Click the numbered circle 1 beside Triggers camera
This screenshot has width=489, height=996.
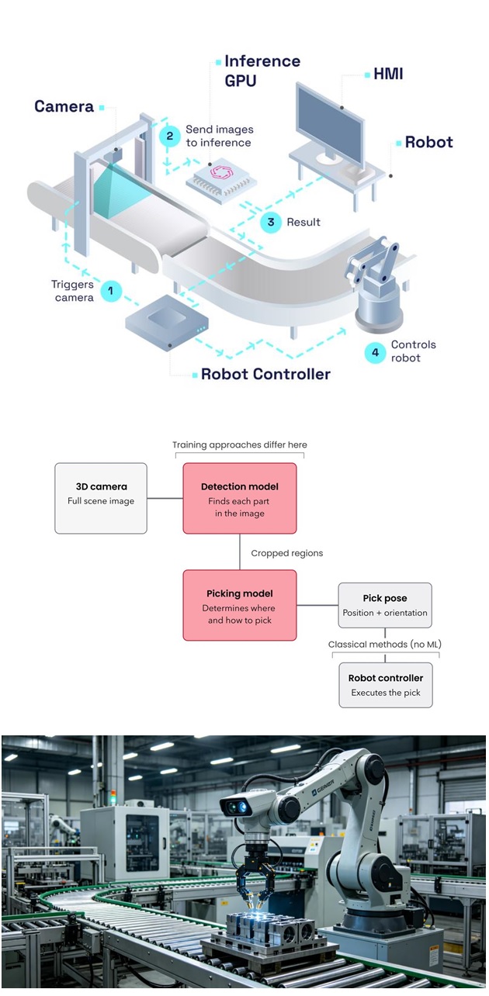[x=111, y=291]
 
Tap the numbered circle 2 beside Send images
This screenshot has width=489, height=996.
[x=170, y=136]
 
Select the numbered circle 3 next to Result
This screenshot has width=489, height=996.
[x=271, y=222]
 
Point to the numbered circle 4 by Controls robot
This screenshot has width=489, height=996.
[x=375, y=353]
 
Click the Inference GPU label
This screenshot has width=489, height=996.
[x=262, y=71]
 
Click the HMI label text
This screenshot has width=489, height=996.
[x=388, y=74]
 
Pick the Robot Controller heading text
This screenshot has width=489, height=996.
[x=265, y=375]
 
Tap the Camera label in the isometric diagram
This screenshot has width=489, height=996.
[x=64, y=107]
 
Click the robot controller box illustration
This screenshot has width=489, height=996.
[x=167, y=323]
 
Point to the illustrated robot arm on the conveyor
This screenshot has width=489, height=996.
[x=376, y=285]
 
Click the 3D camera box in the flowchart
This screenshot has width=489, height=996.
[x=101, y=498]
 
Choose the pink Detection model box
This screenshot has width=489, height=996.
[x=240, y=498]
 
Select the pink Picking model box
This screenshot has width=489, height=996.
[x=240, y=605]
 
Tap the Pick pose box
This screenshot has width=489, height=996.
[x=385, y=605]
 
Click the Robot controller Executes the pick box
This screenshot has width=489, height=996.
[x=386, y=685]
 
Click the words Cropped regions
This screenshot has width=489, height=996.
[x=287, y=553]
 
